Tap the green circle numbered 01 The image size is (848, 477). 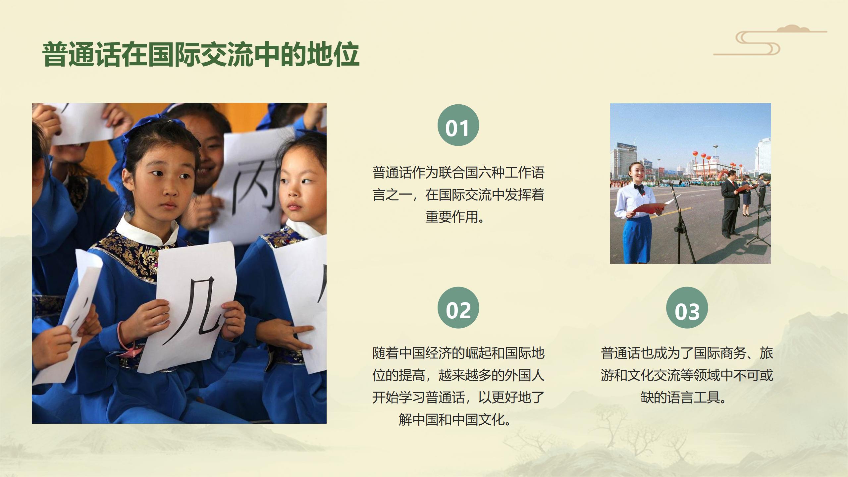(x=458, y=125)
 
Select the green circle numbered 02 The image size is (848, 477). (x=458, y=308)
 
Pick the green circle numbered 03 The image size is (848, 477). (x=687, y=308)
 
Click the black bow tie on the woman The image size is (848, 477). (x=639, y=187)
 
